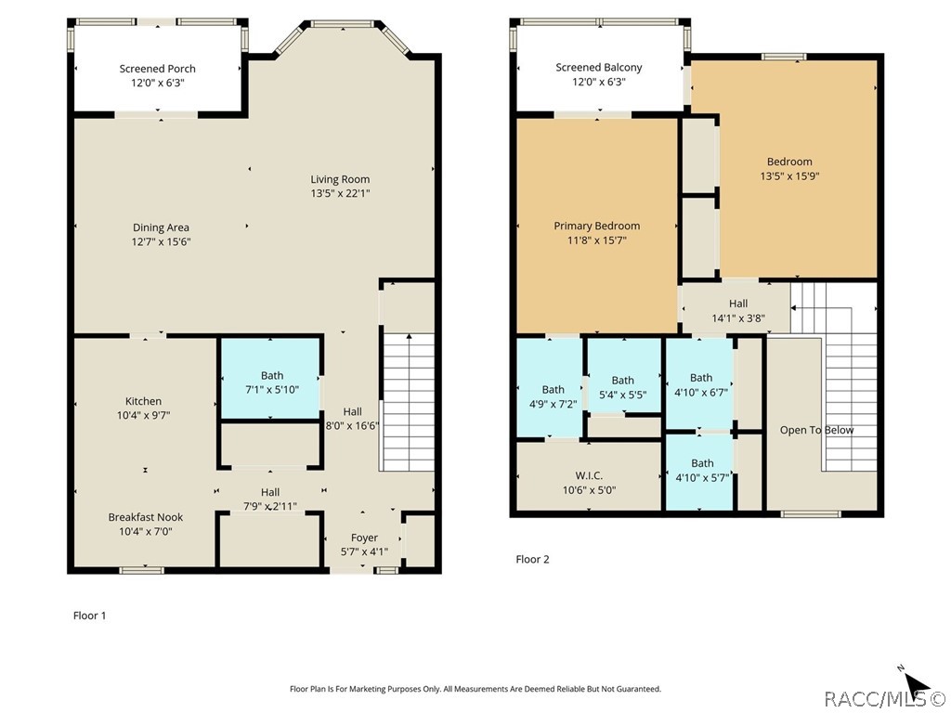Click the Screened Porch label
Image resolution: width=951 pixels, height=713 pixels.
[x=157, y=69]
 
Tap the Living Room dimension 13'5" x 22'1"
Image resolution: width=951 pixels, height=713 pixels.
[x=340, y=193]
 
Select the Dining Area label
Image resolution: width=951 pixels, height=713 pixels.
[x=161, y=227]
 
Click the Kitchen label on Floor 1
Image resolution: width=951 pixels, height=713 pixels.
[x=143, y=401]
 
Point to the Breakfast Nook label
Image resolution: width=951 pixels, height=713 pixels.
[x=146, y=517]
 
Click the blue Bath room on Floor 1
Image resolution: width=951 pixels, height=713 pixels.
[x=270, y=379]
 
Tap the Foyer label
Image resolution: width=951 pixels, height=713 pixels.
[x=364, y=538]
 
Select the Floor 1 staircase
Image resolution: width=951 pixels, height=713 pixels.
[x=409, y=402]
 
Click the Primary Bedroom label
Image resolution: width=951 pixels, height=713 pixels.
[x=597, y=226]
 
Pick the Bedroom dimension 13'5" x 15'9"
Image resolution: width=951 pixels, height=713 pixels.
[x=789, y=176]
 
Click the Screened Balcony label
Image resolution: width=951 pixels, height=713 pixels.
[x=599, y=67]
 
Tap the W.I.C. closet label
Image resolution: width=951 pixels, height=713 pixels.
[x=589, y=476]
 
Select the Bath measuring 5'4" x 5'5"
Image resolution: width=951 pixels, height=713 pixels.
[x=624, y=376]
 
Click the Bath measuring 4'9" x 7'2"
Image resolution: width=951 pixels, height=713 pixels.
[x=550, y=387]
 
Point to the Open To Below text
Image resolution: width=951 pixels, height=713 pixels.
[x=816, y=430]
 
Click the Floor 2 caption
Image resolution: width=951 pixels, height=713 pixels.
[x=532, y=559]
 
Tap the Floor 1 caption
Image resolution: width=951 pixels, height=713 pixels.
[x=90, y=616]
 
